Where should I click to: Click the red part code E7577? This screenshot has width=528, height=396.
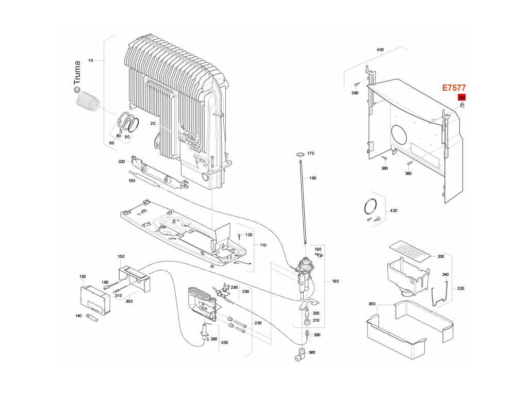tap(454, 88)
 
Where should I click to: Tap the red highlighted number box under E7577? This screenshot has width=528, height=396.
tap(461, 97)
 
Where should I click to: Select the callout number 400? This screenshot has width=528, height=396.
tap(381, 50)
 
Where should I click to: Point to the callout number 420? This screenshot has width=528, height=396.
tap(394, 211)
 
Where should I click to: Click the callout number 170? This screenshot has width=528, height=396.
tap(310, 154)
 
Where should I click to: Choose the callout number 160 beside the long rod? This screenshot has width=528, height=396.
tap(313, 178)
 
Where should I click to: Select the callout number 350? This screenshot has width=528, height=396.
tap(372, 304)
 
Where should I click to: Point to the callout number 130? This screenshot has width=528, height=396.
tap(82, 277)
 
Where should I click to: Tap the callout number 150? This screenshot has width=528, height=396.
tap(121, 256)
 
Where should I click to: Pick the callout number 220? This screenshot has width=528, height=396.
tap(122, 161)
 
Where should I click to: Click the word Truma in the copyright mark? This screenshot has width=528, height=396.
tap(77, 73)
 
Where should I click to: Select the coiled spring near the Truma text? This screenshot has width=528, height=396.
tap(88, 100)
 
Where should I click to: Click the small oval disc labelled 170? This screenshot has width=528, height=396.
tap(299, 154)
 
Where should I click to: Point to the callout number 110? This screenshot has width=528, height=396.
tap(263, 245)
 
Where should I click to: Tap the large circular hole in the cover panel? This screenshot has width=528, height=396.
tap(401, 136)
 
